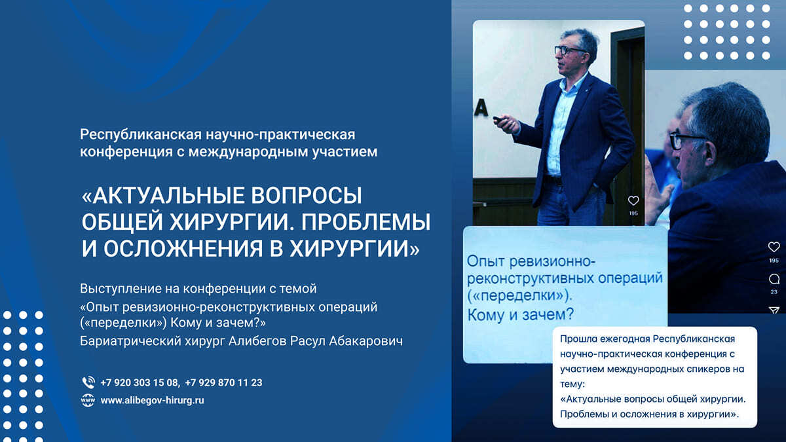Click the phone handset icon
click(88, 382)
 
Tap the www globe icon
click(88, 400)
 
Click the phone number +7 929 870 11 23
click(223, 382)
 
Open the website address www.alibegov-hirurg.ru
click(152, 400)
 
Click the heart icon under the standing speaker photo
click(633, 201)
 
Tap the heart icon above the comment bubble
click(774, 247)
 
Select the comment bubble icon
click(774, 279)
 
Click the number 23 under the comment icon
click(774, 292)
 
